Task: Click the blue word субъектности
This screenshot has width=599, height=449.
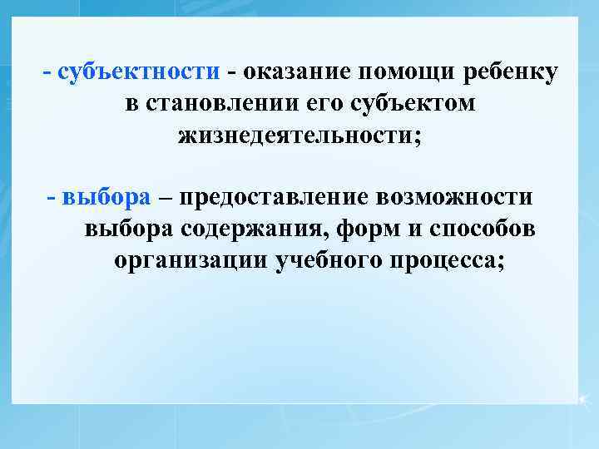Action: (139, 72)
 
